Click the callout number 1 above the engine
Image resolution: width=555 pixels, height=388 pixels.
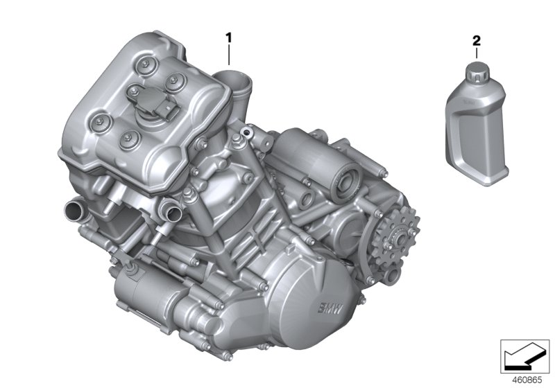[228, 35]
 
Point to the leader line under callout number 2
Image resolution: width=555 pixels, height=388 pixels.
[476, 54]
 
